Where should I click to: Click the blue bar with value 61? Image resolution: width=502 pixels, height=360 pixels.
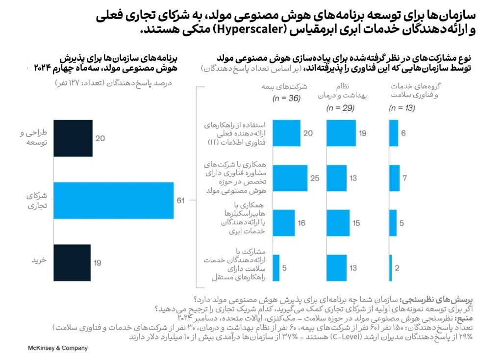pyautogui.click(x=113, y=201)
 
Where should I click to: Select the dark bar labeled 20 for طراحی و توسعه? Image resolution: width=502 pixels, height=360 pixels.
pyautogui.click(x=73, y=138)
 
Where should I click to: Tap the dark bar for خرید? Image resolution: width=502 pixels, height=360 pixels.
pyautogui.click(x=72, y=262)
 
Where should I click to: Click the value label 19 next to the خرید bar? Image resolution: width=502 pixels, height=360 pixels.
pyautogui.click(x=98, y=263)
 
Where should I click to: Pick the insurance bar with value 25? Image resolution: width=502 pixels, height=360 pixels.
pyautogui.click(x=290, y=178)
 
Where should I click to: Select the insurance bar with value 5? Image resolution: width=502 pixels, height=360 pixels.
pyautogui.click(x=276, y=268)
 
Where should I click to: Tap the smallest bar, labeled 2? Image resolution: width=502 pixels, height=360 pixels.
pyautogui.click(x=391, y=268)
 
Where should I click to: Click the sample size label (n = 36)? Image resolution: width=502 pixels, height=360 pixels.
pyautogui.click(x=286, y=99)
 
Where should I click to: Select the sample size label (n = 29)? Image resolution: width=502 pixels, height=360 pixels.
pyautogui.click(x=340, y=108)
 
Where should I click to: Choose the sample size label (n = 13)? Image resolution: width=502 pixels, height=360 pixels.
pyautogui.click(x=402, y=108)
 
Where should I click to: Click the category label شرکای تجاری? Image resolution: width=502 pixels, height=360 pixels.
pyautogui.click(x=37, y=201)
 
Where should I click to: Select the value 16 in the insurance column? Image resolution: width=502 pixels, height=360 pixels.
pyautogui.click(x=301, y=223)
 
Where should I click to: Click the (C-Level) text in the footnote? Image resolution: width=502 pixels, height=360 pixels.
pyautogui.click(x=347, y=337)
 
